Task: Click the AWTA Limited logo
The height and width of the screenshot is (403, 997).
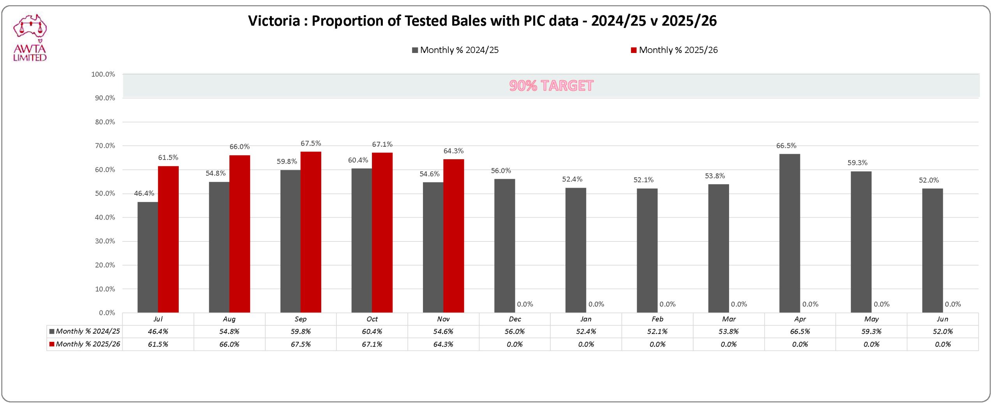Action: coord(30,38)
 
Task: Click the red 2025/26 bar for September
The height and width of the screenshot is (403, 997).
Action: coord(311,232)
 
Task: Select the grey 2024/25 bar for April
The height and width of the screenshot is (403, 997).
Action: coord(789,233)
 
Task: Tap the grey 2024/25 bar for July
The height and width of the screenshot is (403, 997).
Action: coord(148,257)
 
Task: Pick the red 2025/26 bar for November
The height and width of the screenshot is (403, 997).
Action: coord(453,236)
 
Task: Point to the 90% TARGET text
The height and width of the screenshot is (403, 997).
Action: coord(551,86)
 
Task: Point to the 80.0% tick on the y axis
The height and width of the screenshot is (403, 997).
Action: coord(105,122)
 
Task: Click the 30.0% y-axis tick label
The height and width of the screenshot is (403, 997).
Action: coord(105,241)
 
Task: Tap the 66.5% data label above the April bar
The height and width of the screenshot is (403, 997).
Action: coord(786,146)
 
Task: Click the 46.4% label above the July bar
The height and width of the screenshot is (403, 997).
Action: coord(144,193)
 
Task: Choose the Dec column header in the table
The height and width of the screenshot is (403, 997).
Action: coord(514,319)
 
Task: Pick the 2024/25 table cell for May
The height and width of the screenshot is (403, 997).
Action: coord(871,331)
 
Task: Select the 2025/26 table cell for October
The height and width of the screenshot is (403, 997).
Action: coord(372,344)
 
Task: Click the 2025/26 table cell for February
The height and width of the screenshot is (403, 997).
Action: coord(657,344)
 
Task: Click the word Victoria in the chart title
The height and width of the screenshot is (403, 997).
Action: coord(274,21)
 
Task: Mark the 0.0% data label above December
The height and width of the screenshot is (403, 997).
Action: coord(525,304)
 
